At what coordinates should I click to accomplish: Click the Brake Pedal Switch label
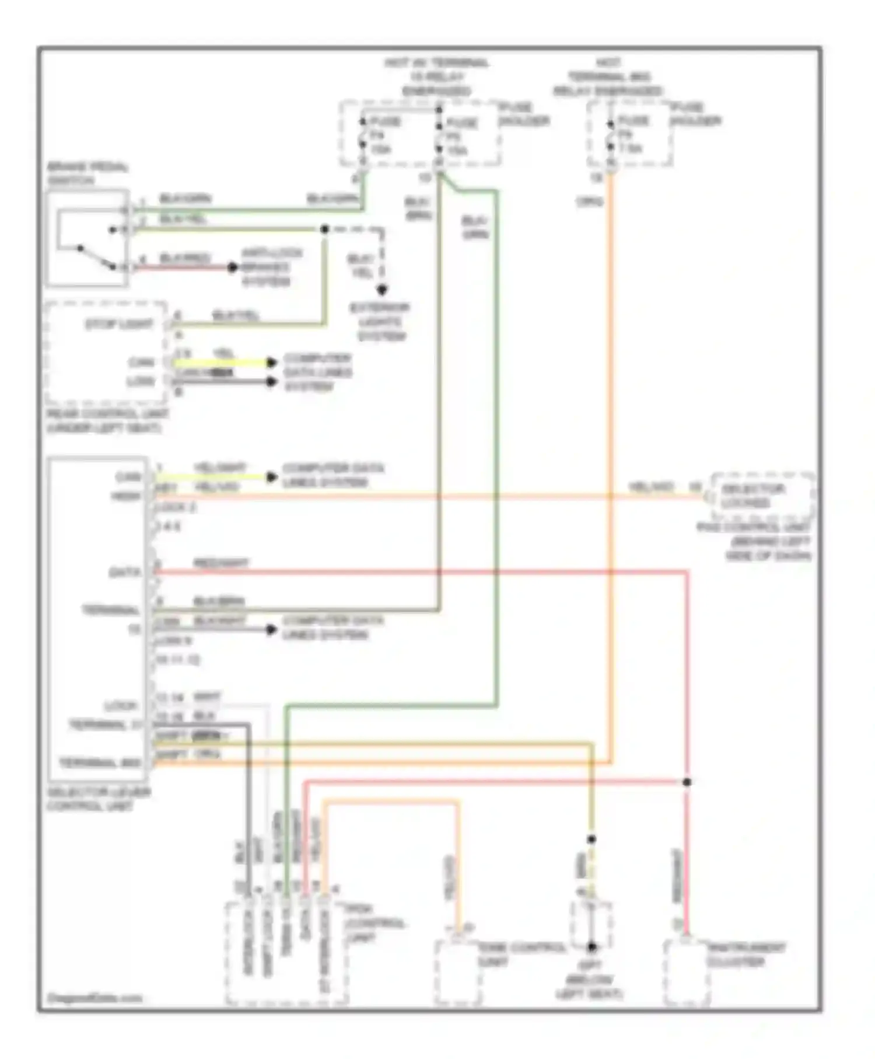point(87,173)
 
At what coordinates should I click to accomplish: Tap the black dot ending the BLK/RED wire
point(233,268)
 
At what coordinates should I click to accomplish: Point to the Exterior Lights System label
point(381,322)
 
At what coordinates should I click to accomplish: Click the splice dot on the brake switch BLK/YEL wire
point(325,229)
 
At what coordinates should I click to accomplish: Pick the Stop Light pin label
point(119,325)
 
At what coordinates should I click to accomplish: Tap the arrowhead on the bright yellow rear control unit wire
point(271,363)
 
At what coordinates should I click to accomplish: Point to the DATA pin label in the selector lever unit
point(125,572)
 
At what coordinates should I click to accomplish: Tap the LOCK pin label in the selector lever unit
point(121,706)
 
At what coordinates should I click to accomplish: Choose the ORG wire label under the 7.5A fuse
point(590,202)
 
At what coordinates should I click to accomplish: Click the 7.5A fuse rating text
point(630,149)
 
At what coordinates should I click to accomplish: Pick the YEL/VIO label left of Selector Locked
point(651,487)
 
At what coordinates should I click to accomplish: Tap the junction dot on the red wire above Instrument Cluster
point(687,782)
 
